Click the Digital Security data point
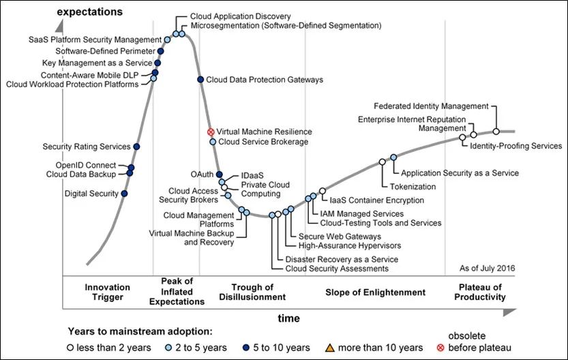coord(124,194)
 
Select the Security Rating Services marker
coord(137,147)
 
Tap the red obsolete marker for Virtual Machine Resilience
coord(211,132)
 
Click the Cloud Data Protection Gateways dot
coord(200,80)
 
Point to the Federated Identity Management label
coord(431,106)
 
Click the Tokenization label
coord(413,186)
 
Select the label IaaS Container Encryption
coord(376,200)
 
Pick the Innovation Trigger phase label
coord(108,292)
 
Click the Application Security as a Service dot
coord(393,157)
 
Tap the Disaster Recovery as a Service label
coord(342,260)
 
